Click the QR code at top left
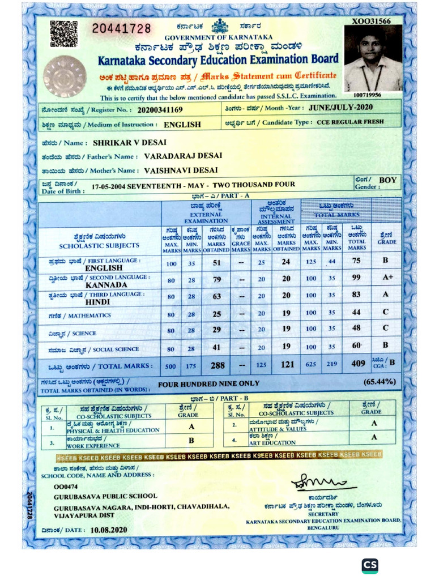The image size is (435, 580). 63,33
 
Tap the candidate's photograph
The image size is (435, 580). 373,58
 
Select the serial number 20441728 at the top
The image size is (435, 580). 121,28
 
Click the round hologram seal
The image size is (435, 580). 65,76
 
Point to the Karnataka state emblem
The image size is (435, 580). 219,26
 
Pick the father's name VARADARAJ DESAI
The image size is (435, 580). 183,156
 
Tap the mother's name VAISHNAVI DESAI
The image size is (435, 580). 181,170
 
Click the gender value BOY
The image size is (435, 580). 388,180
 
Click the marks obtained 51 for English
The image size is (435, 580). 216,263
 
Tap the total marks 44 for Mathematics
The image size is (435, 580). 357,313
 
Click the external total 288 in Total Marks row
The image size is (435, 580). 217,365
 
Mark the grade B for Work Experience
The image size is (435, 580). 191,440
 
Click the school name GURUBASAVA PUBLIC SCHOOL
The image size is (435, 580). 105,496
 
